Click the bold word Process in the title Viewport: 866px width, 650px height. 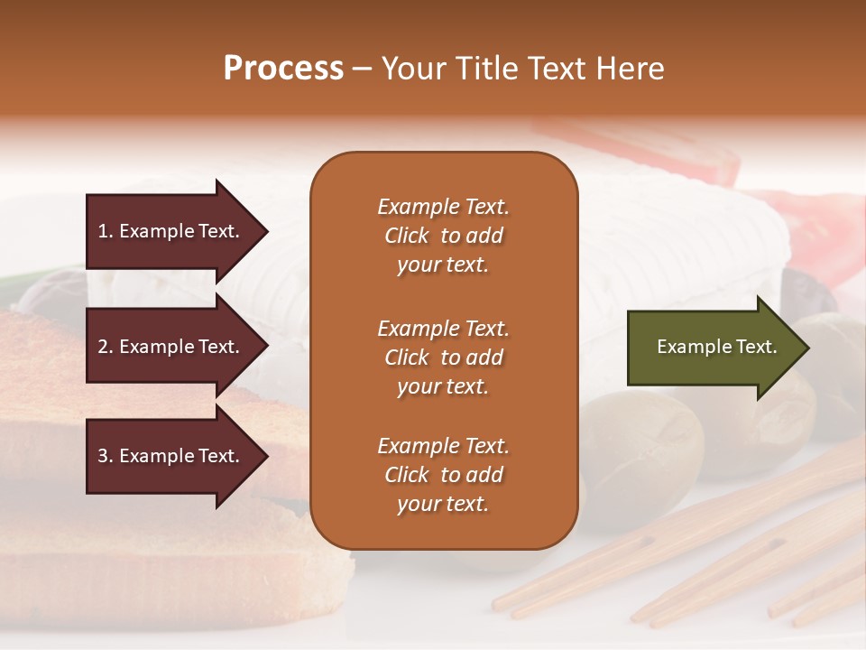coord(283,69)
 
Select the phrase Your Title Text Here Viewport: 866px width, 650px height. coord(522,69)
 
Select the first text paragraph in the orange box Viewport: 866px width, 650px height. coord(443,236)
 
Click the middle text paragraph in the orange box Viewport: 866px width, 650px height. coord(443,357)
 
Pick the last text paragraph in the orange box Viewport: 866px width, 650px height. coord(443,475)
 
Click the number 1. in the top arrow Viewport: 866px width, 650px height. coord(106,231)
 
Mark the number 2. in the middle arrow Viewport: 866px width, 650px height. coord(106,347)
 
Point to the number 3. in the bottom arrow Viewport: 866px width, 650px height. coord(106,456)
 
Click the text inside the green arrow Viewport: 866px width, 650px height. coord(716,347)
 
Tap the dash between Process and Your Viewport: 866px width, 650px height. coord(362,70)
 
